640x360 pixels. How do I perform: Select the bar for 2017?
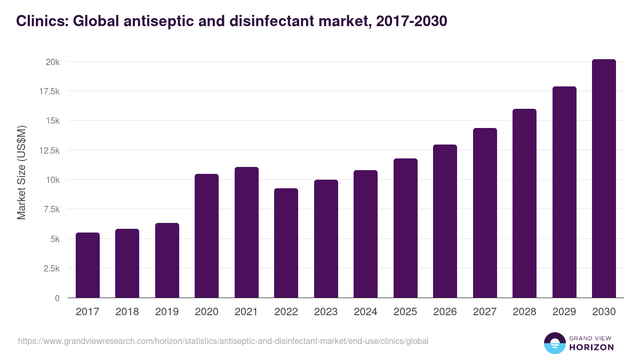coord(87,265)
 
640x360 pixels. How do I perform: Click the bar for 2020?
coord(206,236)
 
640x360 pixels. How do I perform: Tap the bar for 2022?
coord(286,243)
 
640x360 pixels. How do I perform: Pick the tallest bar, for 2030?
coord(604,179)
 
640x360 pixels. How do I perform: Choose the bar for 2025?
coord(405,228)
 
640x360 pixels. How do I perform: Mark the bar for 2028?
coord(524,203)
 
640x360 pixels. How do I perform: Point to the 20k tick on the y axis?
coord(52,62)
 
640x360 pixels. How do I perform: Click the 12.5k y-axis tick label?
coord(49,150)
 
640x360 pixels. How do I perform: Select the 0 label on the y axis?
coord(57,298)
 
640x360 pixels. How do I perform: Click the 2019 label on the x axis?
coord(167,312)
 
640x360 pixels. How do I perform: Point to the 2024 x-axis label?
coord(365,312)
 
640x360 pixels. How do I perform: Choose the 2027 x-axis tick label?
coord(485,312)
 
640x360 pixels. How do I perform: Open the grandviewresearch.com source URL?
coord(223,341)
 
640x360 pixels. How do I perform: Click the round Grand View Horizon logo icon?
coord(554,343)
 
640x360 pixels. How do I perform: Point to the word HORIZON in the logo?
coord(591,347)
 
